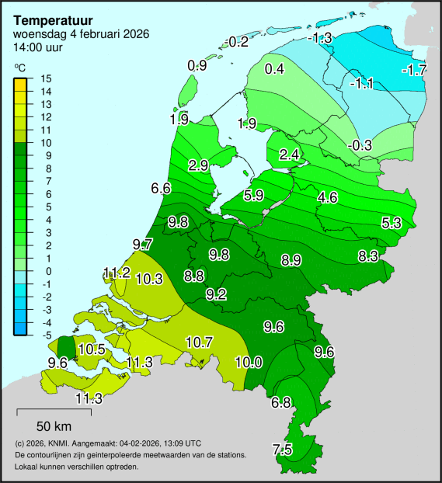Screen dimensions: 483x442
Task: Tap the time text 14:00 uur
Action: pos(38,47)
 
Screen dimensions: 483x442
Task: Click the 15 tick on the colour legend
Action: pos(45,78)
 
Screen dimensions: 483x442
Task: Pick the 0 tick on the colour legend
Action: pos(45,271)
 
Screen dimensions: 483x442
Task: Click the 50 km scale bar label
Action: pos(54,426)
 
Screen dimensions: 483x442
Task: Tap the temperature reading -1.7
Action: pos(416,70)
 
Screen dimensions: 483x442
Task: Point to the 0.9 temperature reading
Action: pos(197,66)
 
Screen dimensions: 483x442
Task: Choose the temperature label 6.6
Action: pos(161,189)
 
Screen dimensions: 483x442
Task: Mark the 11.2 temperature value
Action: pos(116,273)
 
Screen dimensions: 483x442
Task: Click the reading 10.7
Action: pos(199,342)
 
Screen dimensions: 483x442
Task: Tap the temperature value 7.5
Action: pos(282,450)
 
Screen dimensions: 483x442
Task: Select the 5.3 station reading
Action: pos(392,224)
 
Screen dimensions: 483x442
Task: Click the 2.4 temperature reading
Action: pos(289,155)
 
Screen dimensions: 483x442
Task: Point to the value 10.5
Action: pos(91,349)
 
